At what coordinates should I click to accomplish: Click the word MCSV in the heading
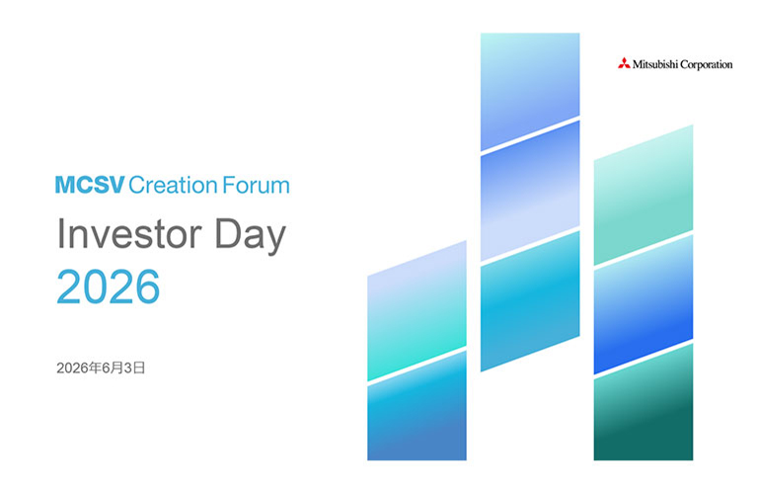coord(90,186)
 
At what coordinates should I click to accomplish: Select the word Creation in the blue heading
coord(173,186)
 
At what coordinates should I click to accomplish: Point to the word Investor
coord(129,234)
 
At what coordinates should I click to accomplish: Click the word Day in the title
coord(250,235)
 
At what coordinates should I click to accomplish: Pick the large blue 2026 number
coord(108,287)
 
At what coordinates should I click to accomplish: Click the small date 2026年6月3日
coord(101,369)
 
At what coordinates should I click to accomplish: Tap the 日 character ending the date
coord(139,369)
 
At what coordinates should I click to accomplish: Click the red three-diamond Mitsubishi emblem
coord(624,63)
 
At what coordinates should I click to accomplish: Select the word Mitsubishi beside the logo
coord(655,64)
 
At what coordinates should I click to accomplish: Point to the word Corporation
coord(707,65)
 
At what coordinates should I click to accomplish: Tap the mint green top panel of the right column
coord(644,195)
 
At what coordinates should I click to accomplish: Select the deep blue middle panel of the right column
coord(644,304)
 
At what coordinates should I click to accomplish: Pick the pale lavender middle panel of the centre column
coord(530,191)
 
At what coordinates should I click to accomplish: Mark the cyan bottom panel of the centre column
coord(530,301)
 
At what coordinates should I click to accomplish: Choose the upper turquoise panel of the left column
coord(417,310)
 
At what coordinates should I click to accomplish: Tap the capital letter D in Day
coord(227,233)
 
